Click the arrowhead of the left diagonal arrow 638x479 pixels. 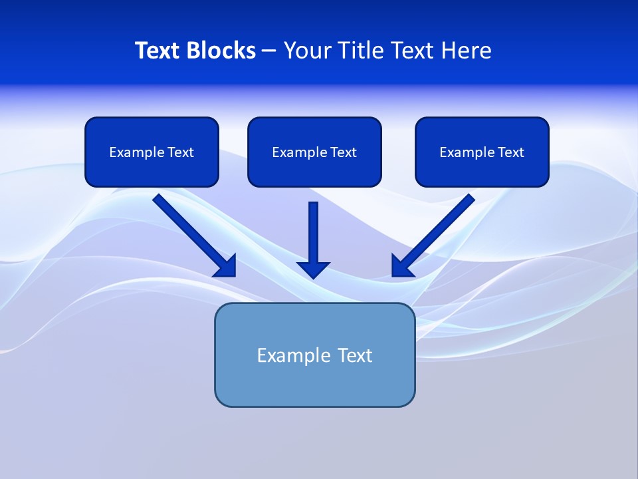226,266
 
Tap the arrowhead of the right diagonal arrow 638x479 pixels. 401,266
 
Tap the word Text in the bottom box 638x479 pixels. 355,355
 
